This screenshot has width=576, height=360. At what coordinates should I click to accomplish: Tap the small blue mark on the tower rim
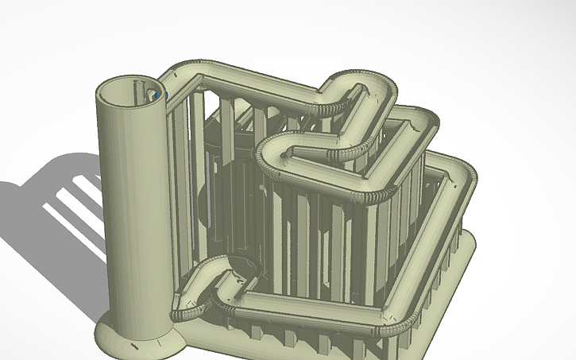tap(165, 96)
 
